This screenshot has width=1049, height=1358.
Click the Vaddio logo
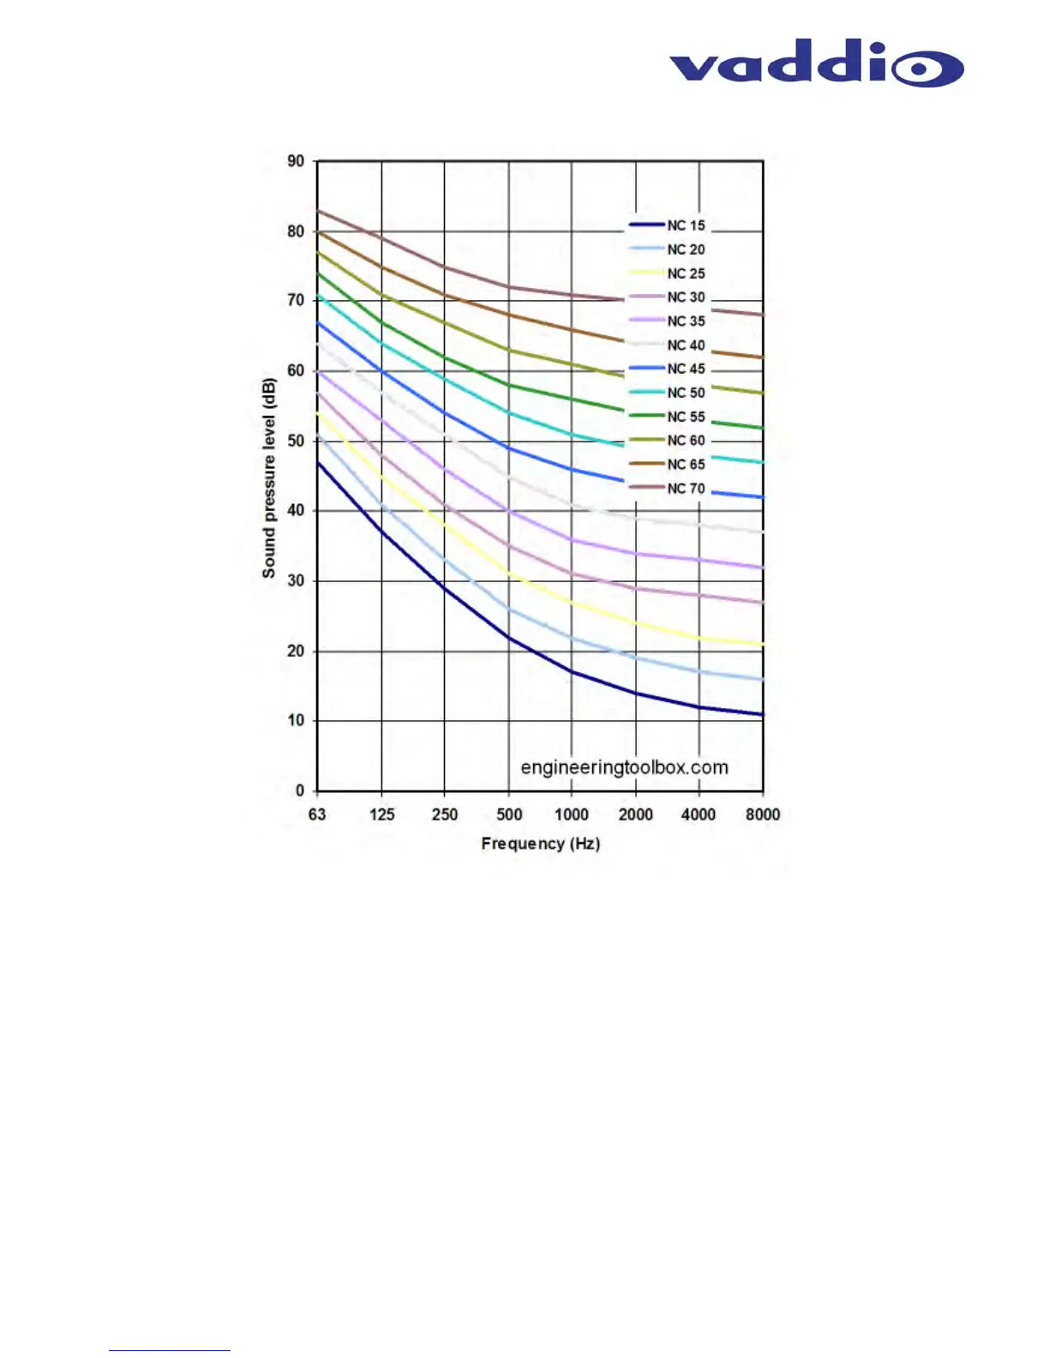816,63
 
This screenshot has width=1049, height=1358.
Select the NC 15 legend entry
686,225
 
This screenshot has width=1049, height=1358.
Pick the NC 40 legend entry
686,345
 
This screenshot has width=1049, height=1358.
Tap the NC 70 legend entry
686,488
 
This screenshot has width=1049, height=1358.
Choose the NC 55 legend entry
686,417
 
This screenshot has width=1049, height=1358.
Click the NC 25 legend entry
686,273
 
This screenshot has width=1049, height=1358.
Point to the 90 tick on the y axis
296,161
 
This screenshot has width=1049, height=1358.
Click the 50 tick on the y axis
296,441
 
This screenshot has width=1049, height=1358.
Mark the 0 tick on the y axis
299,790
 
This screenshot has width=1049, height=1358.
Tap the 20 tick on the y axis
296,651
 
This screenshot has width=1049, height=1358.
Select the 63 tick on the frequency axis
317,814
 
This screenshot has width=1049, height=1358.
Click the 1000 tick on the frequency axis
572,814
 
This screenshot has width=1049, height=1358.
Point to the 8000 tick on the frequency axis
763,814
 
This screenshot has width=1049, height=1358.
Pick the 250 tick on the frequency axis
444,814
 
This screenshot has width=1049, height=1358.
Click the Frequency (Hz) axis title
540,844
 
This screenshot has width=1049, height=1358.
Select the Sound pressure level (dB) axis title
269,478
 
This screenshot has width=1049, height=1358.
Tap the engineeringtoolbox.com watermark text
624,767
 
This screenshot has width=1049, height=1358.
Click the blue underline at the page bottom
169,1350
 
